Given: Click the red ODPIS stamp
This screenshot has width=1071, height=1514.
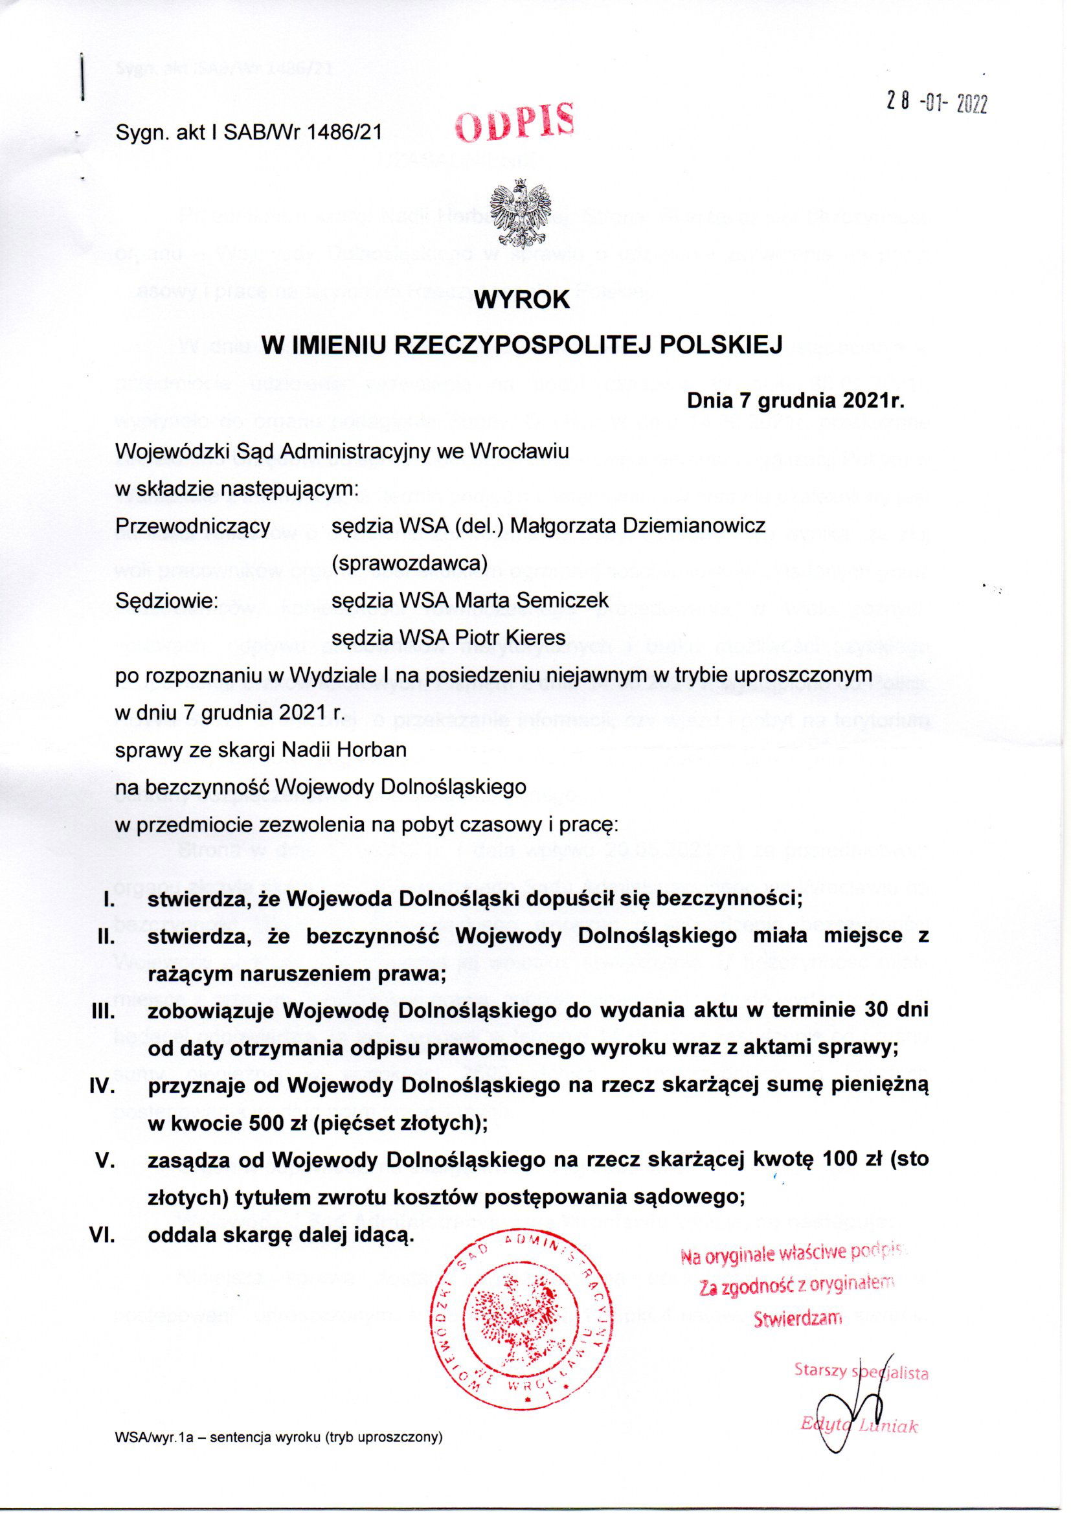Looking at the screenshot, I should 515,123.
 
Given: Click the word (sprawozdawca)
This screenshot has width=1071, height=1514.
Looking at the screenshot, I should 409,563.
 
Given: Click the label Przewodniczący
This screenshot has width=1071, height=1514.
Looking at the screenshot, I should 193,526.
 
